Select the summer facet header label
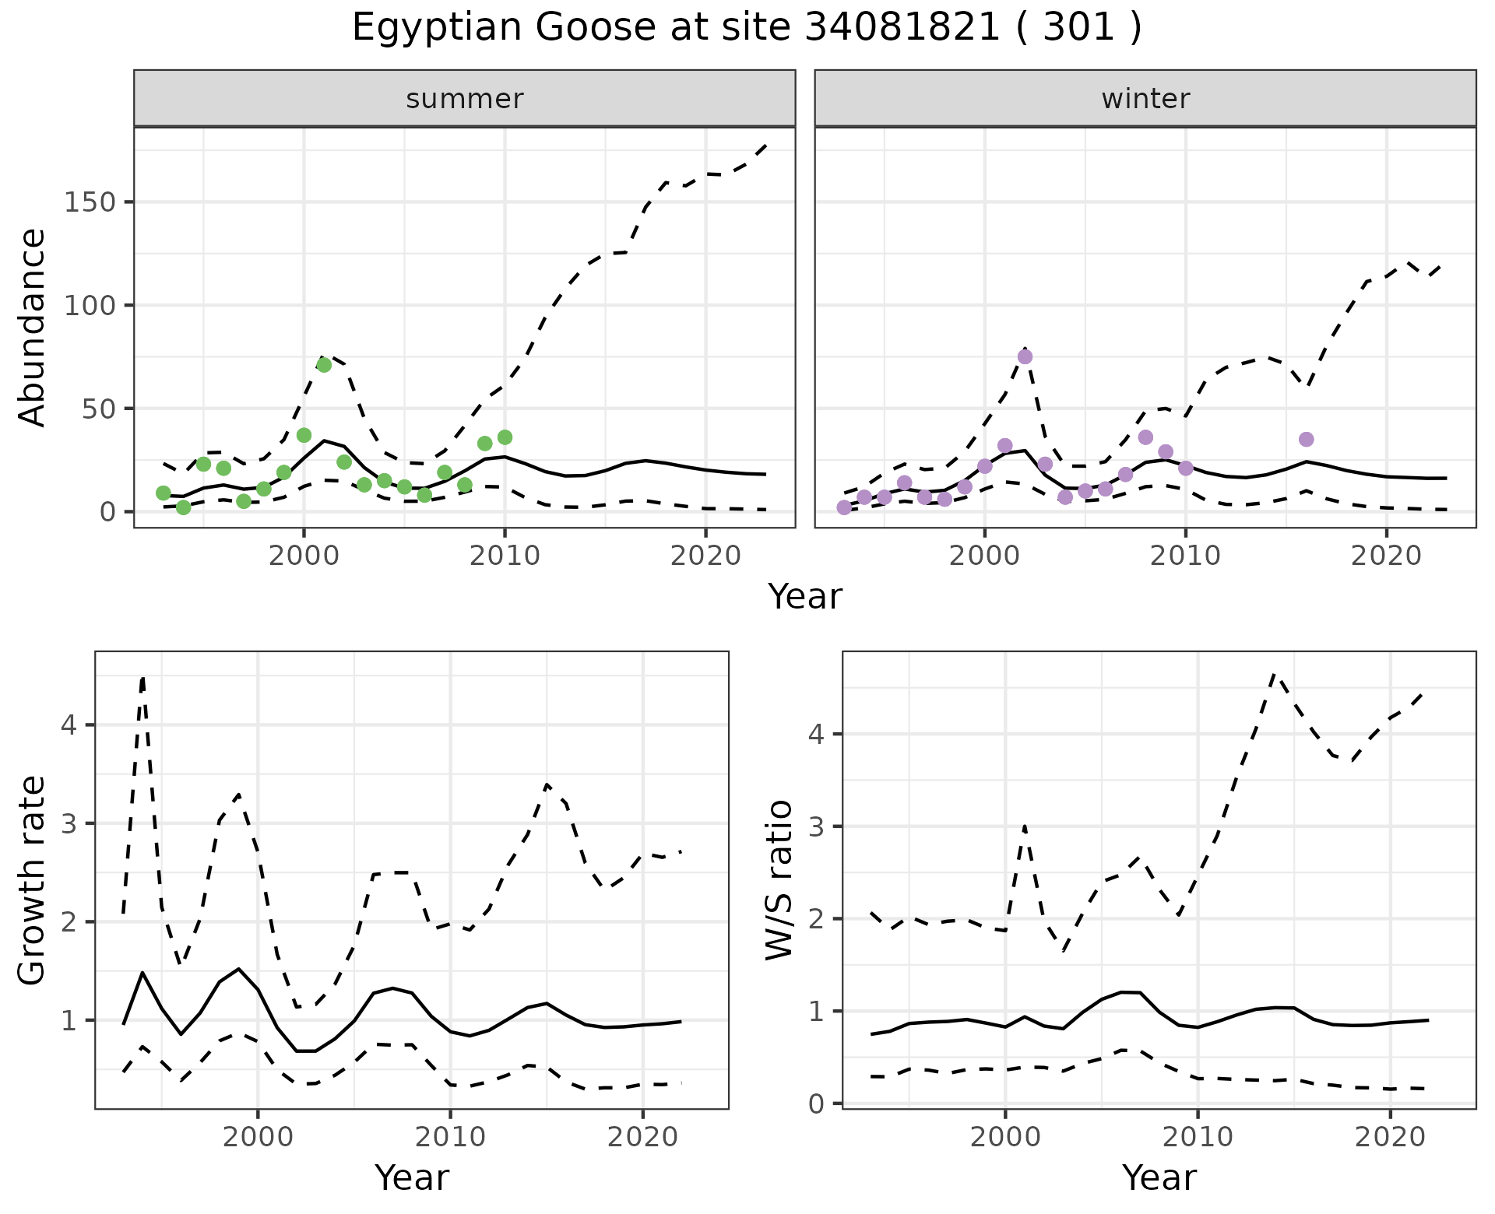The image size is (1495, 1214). coord(465,99)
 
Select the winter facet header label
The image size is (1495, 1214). coord(1145,99)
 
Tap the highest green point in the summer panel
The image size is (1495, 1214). coord(324,365)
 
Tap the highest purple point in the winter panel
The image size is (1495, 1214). coord(1025,356)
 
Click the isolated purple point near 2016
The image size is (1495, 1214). coord(1306,440)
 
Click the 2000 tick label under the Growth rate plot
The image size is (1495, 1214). coord(258,1137)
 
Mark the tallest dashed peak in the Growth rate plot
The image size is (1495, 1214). coord(143,679)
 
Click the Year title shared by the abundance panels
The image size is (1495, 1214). coord(805,597)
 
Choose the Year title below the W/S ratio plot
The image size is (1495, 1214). coord(1159,1178)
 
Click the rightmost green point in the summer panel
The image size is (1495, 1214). coord(505,437)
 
